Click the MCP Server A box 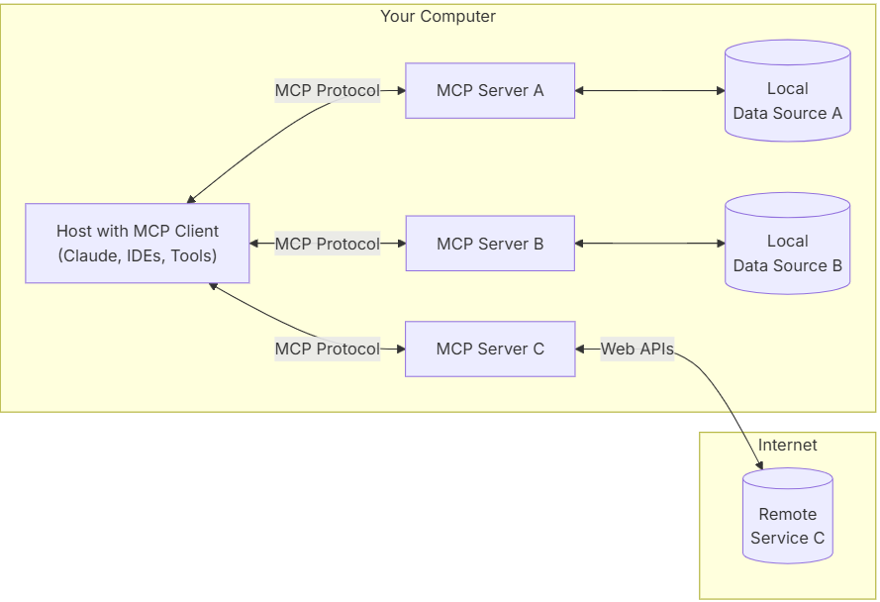[490, 90]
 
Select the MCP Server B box [490, 244]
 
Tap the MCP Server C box [490, 349]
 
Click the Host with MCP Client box [138, 244]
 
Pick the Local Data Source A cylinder [787, 101]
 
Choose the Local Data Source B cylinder [787, 253]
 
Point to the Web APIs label [637, 349]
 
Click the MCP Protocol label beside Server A [327, 90]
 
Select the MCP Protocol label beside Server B [327, 244]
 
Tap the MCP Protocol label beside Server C [327, 349]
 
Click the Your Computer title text [438, 17]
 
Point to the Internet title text [787, 445]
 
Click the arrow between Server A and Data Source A [649, 90]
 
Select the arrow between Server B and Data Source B [649, 244]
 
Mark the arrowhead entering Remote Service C [759, 463]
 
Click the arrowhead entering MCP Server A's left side [400, 90]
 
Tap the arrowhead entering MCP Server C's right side [581, 349]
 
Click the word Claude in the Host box [91, 255]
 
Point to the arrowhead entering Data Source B [720, 244]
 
